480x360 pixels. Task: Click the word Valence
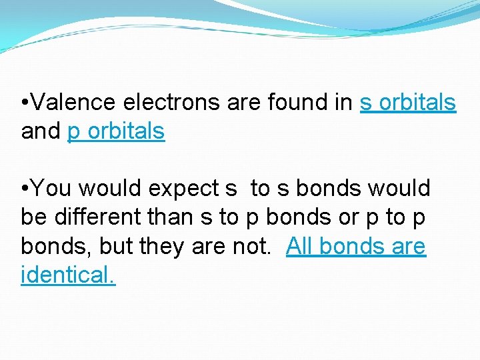[x=73, y=103]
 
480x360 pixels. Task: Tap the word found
[x=298, y=103]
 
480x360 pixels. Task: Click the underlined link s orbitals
[x=408, y=103]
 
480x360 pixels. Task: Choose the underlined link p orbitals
[x=116, y=131]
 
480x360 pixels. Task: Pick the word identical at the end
[x=67, y=275]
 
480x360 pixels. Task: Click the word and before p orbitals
[x=41, y=131]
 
